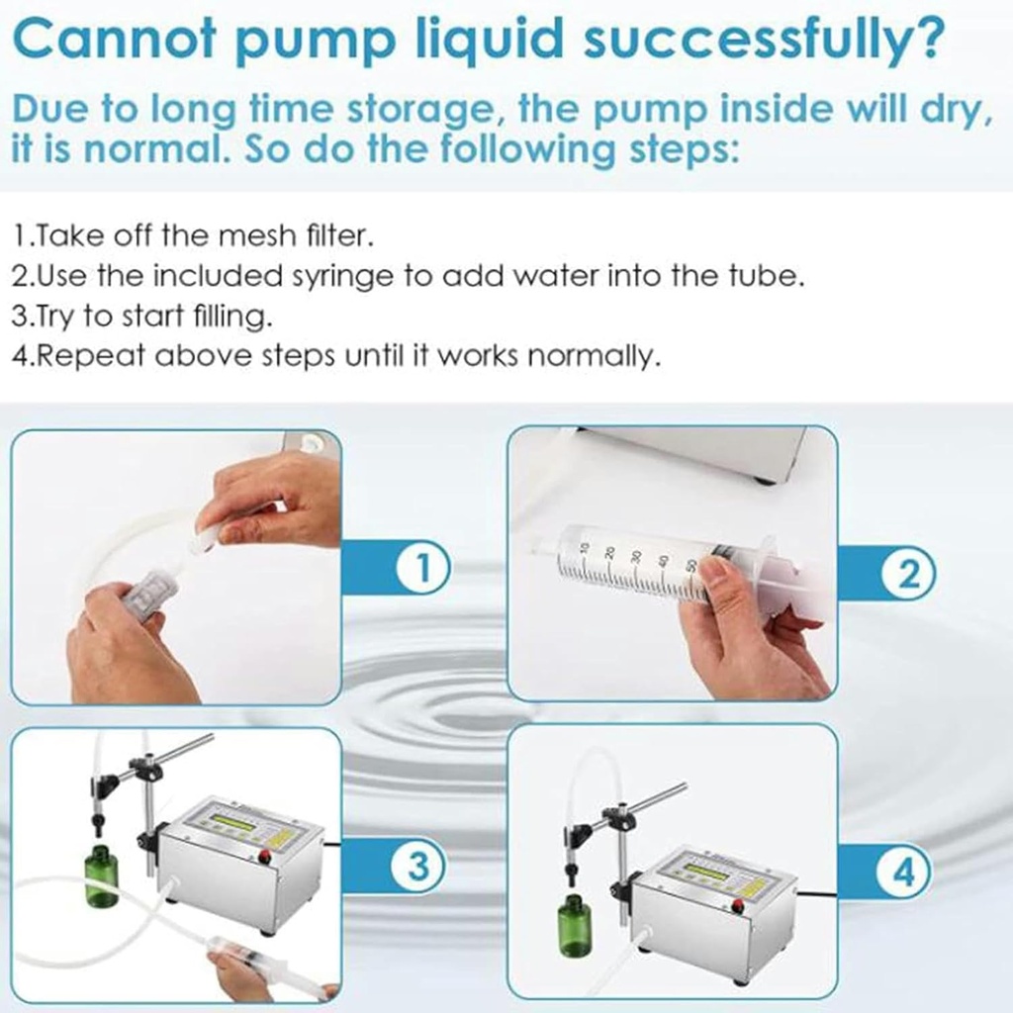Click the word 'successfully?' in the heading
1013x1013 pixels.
[764, 39]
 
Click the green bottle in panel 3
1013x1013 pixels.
[103, 875]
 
